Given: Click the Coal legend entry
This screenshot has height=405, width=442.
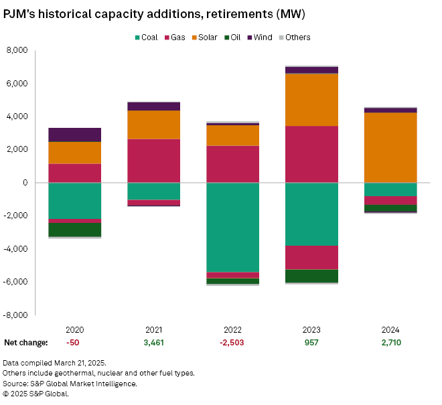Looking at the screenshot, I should [145, 37].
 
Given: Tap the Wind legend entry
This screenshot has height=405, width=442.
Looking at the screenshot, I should [258, 37].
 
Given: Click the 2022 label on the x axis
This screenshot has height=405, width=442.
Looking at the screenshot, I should [232, 329].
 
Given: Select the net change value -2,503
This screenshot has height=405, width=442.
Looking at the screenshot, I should [232, 343].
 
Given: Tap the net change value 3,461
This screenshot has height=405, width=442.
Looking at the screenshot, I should [153, 343].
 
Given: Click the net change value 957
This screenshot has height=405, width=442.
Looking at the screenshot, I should [311, 343].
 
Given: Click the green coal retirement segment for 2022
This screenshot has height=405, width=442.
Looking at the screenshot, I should [232, 227].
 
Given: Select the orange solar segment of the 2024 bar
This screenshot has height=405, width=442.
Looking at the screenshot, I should [390, 147].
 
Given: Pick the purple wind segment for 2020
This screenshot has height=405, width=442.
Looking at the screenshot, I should [74, 135].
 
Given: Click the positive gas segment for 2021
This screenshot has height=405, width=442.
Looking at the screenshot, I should [153, 161].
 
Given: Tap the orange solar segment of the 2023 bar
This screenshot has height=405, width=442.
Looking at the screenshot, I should [311, 100].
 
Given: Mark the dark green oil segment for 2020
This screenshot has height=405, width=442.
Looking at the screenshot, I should [74, 230].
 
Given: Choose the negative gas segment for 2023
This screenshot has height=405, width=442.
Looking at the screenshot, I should [311, 258].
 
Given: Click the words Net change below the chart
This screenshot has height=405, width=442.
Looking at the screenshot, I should [26, 343].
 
